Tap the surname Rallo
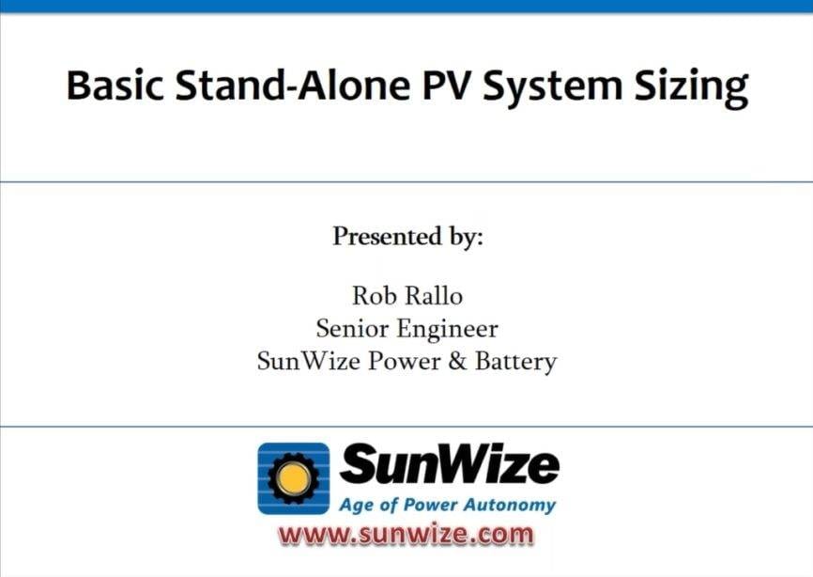[434, 296]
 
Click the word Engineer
[450, 330]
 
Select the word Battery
[514, 362]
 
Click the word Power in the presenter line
[407, 361]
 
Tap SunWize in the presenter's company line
[307, 361]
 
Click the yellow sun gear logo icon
[294, 478]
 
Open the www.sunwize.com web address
[406, 535]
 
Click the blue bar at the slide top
[406, 6]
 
